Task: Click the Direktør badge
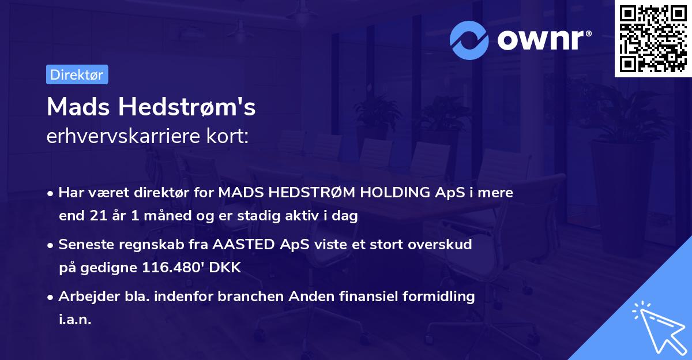77,74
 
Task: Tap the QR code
653,39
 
